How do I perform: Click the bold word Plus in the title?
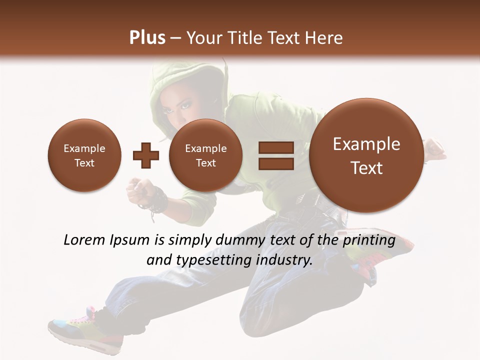coord(147,38)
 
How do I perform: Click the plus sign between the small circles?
coord(145,155)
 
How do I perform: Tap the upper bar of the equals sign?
coord(275,147)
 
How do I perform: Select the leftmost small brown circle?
coord(84,155)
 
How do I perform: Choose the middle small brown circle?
coord(205,155)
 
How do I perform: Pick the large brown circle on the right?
coord(366,155)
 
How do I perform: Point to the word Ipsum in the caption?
coord(129,240)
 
